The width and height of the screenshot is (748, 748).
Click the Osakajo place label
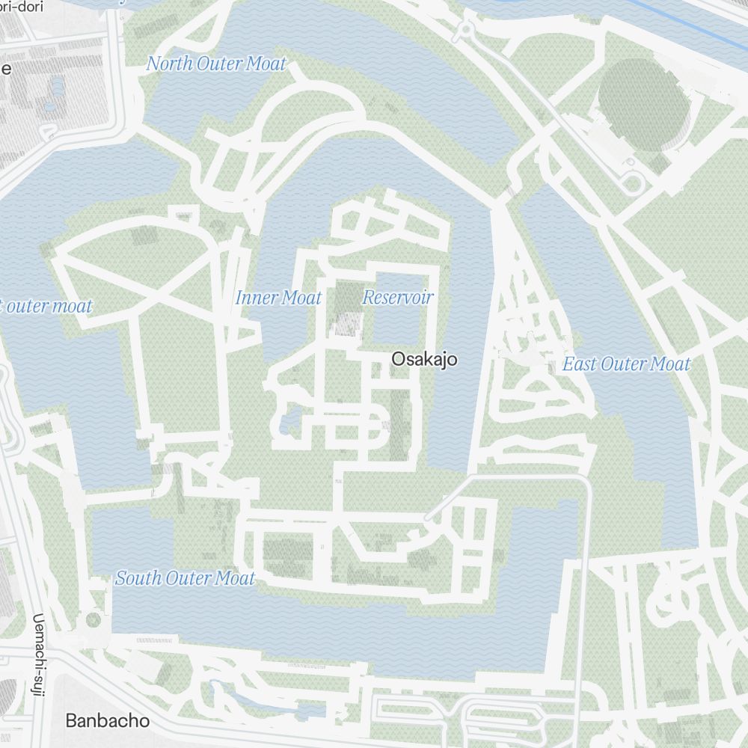[x=424, y=360]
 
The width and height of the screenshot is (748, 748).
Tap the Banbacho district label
[x=107, y=721]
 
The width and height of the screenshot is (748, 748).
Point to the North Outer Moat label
[x=216, y=64]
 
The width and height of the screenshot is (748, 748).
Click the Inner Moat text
[x=278, y=298]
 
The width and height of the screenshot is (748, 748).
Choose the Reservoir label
[x=397, y=298]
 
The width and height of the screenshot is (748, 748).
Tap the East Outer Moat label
[x=626, y=364]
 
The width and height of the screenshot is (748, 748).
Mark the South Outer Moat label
[x=185, y=578]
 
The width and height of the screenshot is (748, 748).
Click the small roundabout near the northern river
[x=465, y=30]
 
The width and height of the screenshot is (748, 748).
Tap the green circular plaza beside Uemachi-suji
[x=93, y=619]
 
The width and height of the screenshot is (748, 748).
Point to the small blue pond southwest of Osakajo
[x=289, y=419]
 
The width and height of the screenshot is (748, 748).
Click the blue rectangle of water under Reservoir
[x=396, y=325]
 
